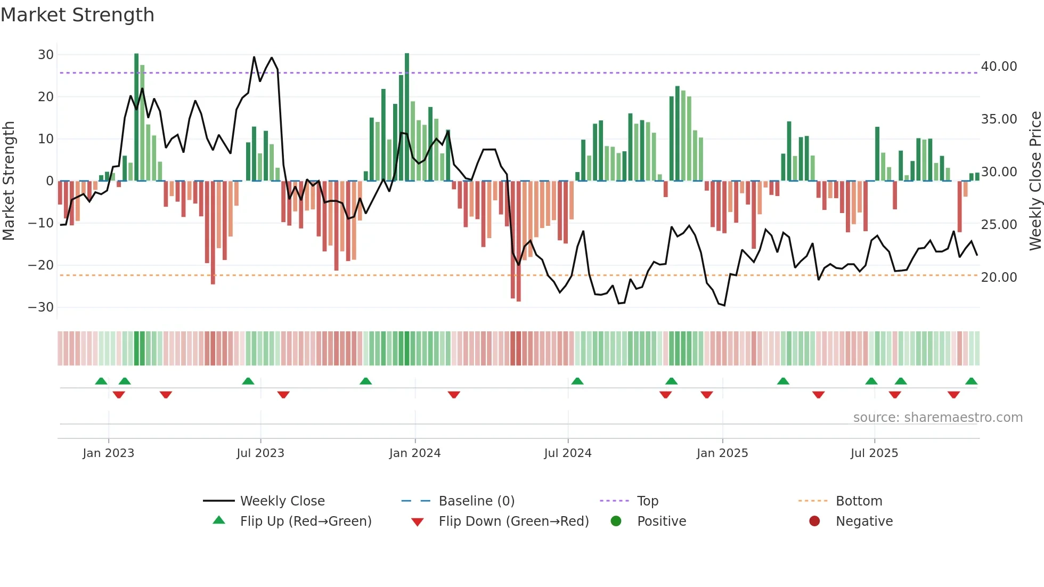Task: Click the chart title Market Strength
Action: click(x=77, y=15)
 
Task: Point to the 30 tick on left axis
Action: click(x=46, y=55)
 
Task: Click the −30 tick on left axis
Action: click(x=41, y=307)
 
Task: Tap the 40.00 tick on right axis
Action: click(x=999, y=67)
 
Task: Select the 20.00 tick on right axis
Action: click(x=999, y=278)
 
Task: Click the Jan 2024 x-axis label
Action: click(x=415, y=453)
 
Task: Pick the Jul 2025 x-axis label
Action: click(x=874, y=453)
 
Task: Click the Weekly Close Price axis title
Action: click(x=1035, y=181)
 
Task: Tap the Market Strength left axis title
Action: click(x=9, y=181)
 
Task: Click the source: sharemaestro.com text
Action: click(x=937, y=418)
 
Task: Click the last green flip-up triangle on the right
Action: click(x=971, y=381)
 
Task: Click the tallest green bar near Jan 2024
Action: click(x=407, y=117)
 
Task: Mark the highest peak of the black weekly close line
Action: click(x=254, y=57)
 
